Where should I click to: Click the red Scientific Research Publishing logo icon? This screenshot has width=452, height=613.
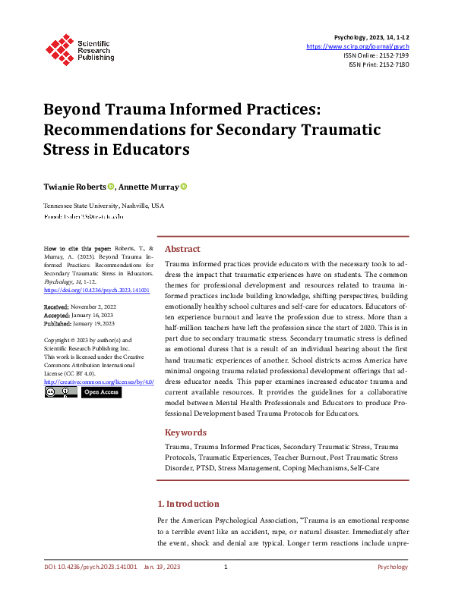[x=58, y=47]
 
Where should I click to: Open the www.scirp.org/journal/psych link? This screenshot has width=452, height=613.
[x=358, y=46]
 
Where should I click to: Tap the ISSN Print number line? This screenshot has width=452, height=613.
[x=379, y=64]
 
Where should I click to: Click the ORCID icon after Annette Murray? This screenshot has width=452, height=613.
[x=183, y=187]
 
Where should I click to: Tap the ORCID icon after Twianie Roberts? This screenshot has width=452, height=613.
[x=111, y=187]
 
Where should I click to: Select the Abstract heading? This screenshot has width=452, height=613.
[x=182, y=249]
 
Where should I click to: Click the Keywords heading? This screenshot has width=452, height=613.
[x=185, y=432]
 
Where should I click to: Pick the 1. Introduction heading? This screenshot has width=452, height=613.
[x=188, y=504]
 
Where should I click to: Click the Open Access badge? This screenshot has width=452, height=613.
[x=101, y=393]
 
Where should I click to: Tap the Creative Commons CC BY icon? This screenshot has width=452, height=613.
[x=61, y=393]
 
